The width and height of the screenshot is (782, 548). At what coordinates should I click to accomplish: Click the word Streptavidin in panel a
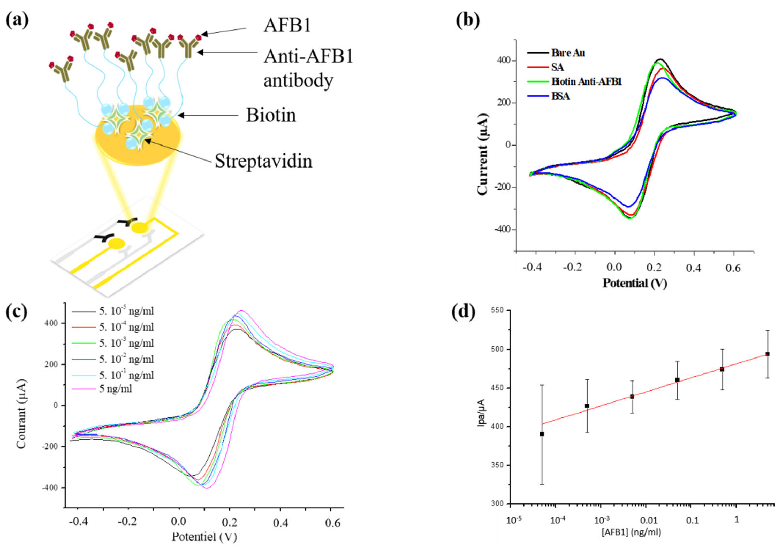click(x=263, y=161)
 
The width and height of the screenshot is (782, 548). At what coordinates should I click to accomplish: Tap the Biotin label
click(x=271, y=116)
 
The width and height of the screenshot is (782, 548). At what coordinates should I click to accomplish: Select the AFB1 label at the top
click(x=287, y=26)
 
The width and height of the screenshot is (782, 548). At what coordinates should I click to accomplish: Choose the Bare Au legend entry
click(x=568, y=53)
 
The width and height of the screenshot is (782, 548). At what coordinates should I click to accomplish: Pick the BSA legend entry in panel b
click(x=560, y=96)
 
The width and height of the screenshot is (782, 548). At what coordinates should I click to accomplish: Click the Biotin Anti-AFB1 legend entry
click(x=586, y=82)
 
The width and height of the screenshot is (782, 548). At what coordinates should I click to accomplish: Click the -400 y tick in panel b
click(x=503, y=229)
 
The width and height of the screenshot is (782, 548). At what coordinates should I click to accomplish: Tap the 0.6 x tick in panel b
click(x=733, y=268)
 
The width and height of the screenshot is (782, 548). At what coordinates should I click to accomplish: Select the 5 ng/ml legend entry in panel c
click(x=116, y=388)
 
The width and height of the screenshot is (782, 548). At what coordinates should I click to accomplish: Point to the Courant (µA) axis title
click(x=21, y=414)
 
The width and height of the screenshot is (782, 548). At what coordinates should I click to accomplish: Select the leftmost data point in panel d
click(x=542, y=434)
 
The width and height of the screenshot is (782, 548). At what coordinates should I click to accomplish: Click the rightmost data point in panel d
click(x=767, y=354)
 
